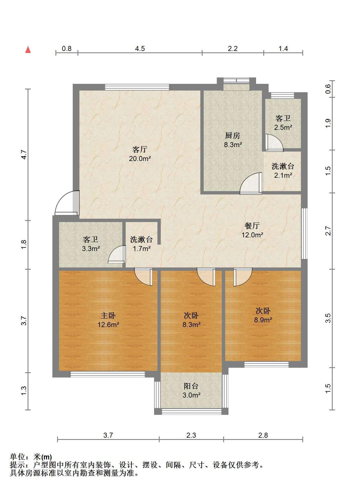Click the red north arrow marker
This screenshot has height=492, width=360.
28,50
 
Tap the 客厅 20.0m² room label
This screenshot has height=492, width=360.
140,154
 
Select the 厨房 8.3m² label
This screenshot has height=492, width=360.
233,140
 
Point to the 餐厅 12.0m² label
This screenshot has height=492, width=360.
252,230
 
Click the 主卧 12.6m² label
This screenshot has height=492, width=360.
108,320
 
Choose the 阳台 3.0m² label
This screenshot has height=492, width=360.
191,390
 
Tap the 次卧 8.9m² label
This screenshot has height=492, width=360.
263,315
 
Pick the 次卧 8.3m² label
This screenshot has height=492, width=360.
191,320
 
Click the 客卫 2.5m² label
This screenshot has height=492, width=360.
283,123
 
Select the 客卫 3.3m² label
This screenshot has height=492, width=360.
91,244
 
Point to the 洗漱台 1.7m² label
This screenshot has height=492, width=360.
142,244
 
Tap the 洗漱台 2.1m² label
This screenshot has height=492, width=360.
283,171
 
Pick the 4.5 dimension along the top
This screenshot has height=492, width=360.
140,49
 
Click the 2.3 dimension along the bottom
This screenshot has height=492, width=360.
191,435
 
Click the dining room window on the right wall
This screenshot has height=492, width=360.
305,234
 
